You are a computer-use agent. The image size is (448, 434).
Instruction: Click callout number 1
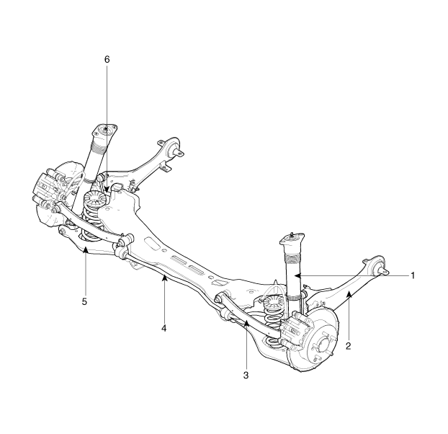click(412, 275)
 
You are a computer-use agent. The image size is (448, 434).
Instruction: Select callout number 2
click(348, 346)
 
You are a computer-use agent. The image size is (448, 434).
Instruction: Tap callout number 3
click(246, 376)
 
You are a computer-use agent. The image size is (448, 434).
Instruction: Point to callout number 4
click(163, 328)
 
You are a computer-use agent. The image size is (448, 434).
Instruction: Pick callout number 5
click(84, 301)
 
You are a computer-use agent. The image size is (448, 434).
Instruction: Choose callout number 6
click(107, 59)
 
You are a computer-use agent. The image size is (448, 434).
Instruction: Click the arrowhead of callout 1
click(297, 275)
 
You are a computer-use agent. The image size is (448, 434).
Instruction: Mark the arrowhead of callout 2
click(349, 294)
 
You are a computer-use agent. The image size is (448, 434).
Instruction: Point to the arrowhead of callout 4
click(164, 277)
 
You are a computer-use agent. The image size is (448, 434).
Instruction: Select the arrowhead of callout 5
click(85, 250)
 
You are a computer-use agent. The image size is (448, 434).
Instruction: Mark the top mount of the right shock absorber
click(291, 239)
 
